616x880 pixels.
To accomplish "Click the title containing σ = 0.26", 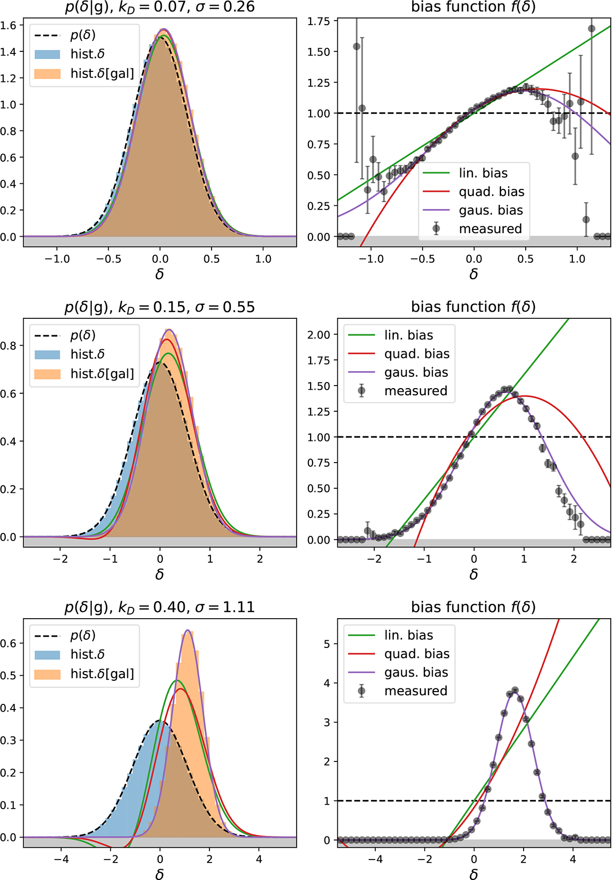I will [160, 7].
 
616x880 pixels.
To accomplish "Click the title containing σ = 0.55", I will [160, 307].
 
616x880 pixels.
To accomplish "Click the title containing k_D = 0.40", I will [160, 607].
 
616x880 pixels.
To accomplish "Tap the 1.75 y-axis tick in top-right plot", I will [319, 21].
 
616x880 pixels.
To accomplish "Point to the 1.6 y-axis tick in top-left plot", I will [9, 25].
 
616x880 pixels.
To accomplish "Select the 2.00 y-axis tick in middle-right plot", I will [319, 335].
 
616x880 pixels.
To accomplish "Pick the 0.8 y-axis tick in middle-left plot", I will [9, 346].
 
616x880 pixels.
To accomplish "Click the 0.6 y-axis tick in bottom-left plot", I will [9, 643].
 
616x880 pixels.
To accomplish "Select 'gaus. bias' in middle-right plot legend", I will [416, 372].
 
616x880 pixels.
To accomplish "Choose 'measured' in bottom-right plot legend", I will [416, 691].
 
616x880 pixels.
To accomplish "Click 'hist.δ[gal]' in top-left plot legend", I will [102, 73].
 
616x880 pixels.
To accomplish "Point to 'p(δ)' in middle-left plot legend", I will [83, 335].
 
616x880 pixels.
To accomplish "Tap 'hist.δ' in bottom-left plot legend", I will [87, 655].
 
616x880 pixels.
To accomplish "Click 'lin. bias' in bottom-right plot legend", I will [409, 636].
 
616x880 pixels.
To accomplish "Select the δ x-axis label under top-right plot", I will [474, 275].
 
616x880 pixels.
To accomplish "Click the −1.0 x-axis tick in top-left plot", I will [57, 259].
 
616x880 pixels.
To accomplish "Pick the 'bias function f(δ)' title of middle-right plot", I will [473, 307].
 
